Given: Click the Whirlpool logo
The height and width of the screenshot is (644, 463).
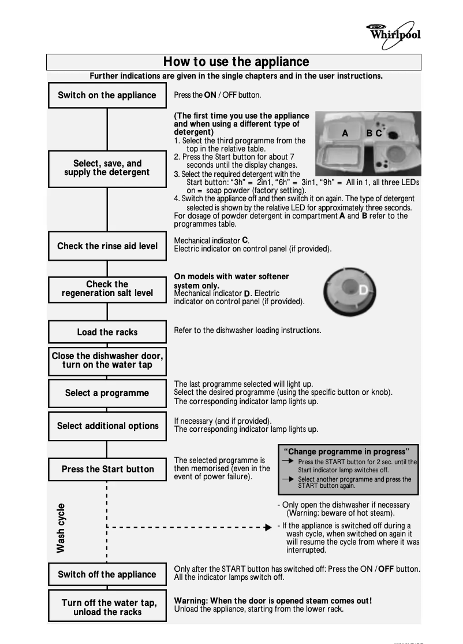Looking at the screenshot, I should pos(394,32).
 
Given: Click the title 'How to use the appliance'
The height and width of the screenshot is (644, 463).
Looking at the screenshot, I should pos(236,62).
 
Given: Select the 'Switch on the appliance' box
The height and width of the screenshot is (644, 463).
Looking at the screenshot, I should pos(107,95).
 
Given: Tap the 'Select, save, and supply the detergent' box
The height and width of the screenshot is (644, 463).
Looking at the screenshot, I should pos(107,168).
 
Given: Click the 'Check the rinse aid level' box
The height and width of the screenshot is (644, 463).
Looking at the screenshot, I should pos(107,246).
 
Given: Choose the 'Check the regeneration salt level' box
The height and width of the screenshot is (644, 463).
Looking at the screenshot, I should pos(107,289).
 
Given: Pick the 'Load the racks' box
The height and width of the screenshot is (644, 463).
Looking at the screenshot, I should pos(107,332).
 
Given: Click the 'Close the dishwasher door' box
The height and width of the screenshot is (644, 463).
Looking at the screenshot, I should pos(107,360).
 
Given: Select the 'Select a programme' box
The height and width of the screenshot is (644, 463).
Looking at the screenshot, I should pos(107,393).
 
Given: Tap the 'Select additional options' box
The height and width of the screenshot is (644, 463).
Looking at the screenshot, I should pos(107,426).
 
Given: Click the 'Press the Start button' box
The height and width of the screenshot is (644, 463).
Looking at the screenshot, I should pos(107,469).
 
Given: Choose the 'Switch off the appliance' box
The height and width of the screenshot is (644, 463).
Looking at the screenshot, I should pos(107,575).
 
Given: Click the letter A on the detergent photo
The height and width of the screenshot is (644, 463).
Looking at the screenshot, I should pos(345,133).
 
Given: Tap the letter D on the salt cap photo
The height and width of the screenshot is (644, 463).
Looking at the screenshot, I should pos(363,290).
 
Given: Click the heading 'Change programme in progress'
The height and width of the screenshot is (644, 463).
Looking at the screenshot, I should pos(349,451).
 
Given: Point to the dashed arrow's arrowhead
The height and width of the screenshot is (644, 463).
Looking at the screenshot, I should pos(267,527).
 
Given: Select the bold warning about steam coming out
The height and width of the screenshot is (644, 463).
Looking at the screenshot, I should pos(273,601).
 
